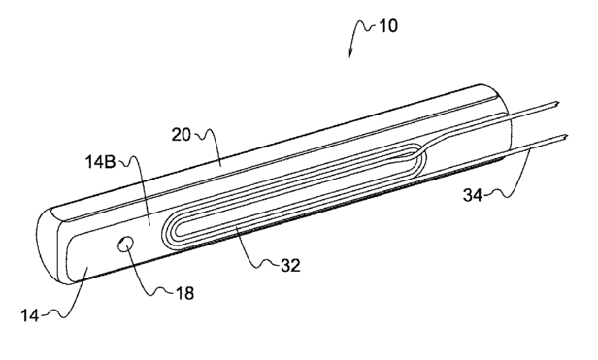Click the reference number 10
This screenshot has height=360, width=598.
(388, 26)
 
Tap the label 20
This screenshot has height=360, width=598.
(181, 135)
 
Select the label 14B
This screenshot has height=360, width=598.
(101, 162)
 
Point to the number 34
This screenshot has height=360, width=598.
(473, 195)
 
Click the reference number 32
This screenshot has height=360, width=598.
(290, 266)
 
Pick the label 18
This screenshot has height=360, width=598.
(184, 293)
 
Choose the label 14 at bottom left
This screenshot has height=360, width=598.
(30, 315)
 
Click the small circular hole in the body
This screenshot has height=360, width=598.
(126, 245)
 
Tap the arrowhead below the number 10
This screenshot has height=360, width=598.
(349, 54)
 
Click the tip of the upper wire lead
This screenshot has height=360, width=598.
(558, 102)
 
